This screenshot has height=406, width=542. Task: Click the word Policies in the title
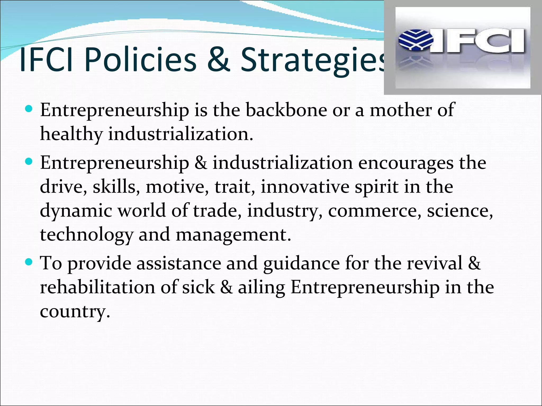(141, 60)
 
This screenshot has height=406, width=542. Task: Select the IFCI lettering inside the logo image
(478, 41)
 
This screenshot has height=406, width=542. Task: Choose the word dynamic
(76, 211)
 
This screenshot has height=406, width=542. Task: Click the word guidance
(301, 264)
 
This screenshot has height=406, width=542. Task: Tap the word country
(74, 311)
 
